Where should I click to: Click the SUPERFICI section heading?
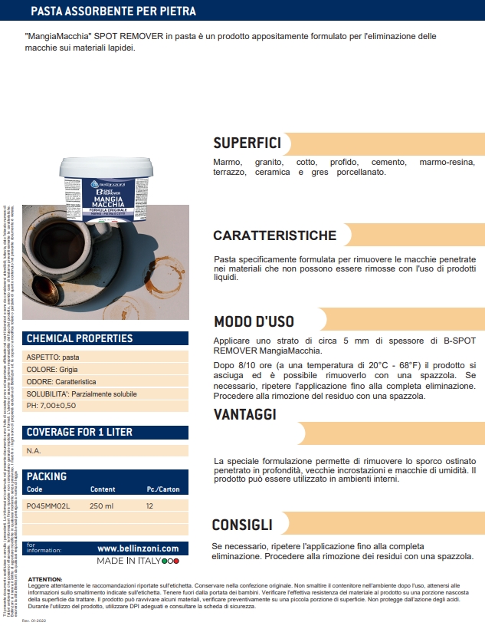point(247,143)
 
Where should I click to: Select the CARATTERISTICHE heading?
point(274,235)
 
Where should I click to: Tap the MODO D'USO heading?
point(254,321)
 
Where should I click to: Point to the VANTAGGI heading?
point(245,414)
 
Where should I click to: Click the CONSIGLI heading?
point(242,525)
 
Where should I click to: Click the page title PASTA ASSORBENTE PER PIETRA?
point(113,12)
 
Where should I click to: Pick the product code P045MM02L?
point(48,506)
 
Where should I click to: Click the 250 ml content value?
point(101,506)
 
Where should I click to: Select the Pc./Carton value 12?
point(150,506)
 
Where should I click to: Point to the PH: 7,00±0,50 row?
point(51,405)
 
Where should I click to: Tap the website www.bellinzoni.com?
point(138,548)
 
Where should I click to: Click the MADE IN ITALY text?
point(128,561)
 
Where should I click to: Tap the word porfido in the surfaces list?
point(344,163)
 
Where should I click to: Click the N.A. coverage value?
point(34,451)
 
